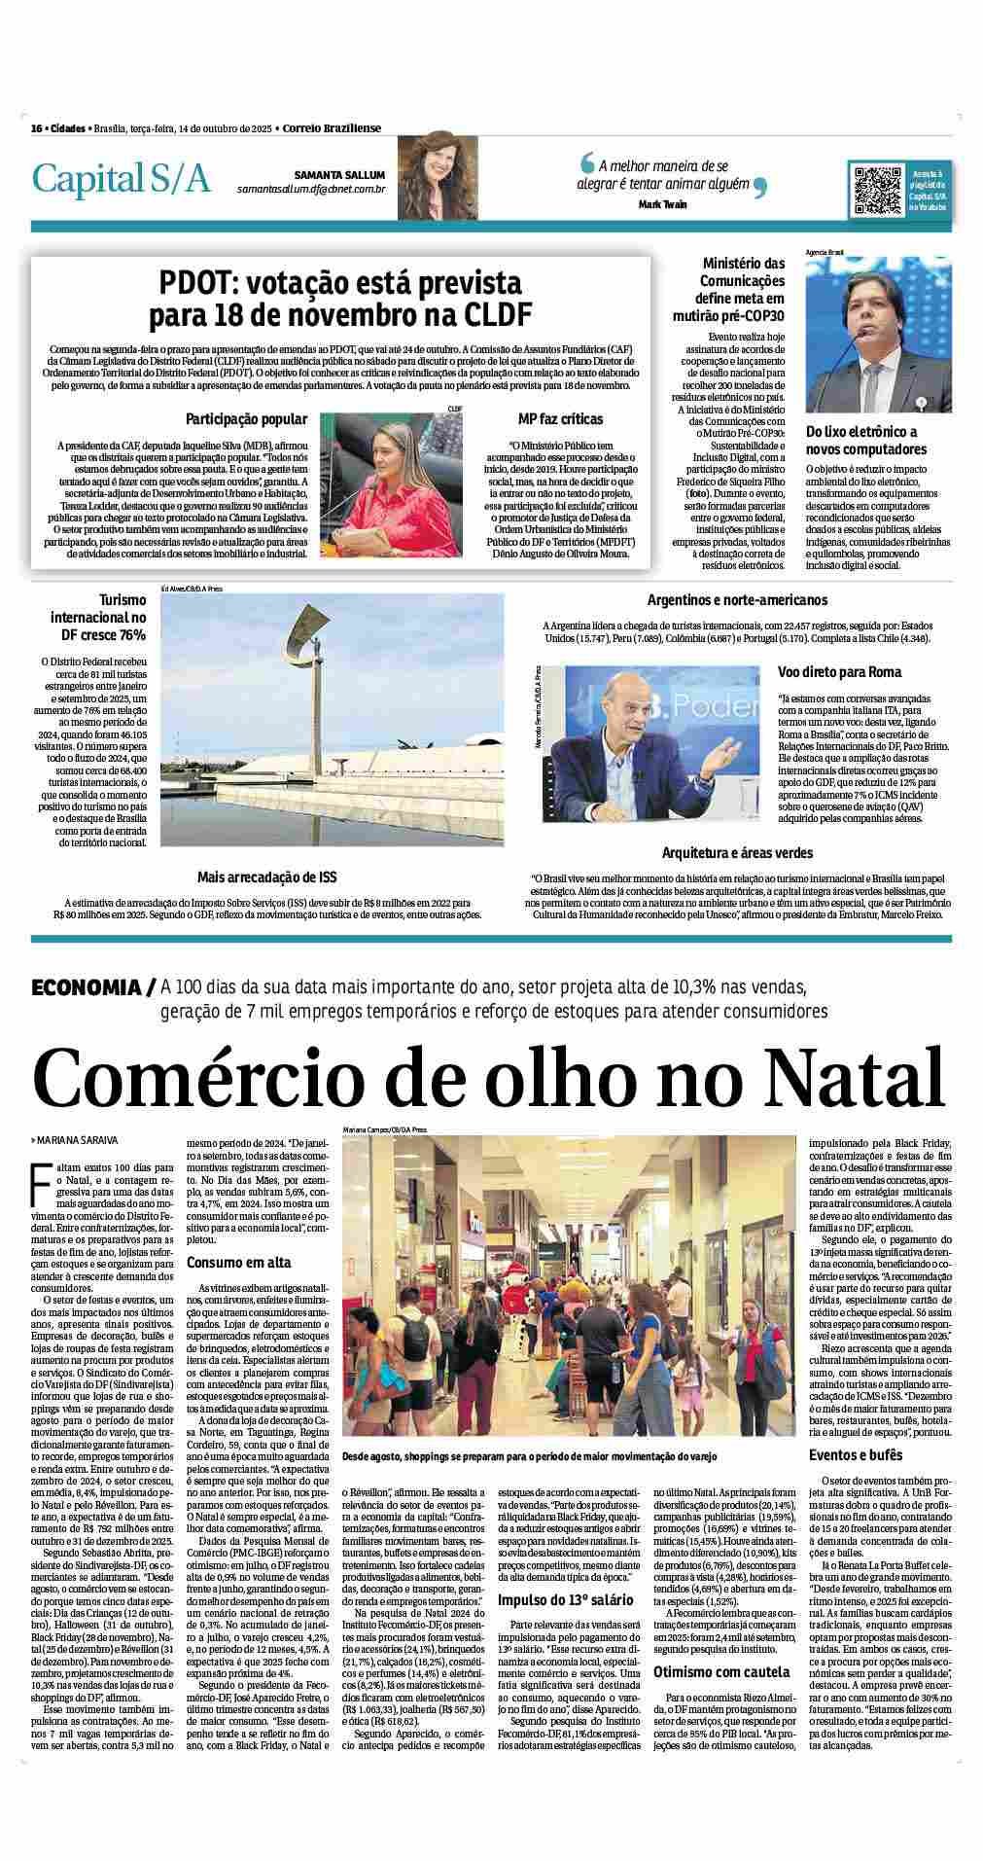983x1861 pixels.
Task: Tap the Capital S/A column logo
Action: pyautogui.click(x=121, y=178)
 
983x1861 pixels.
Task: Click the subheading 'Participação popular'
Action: pyautogui.click(x=246, y=419)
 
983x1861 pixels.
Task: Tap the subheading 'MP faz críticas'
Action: pyautogui.click(x=560, y=419)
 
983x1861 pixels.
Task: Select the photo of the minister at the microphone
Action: pyautogui.click(x=878, y=335)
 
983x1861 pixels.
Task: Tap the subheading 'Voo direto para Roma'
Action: pyautogui.click(x=838, y=671)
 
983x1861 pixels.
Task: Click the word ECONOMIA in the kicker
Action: pyautogui.click(x=86, y=987)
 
